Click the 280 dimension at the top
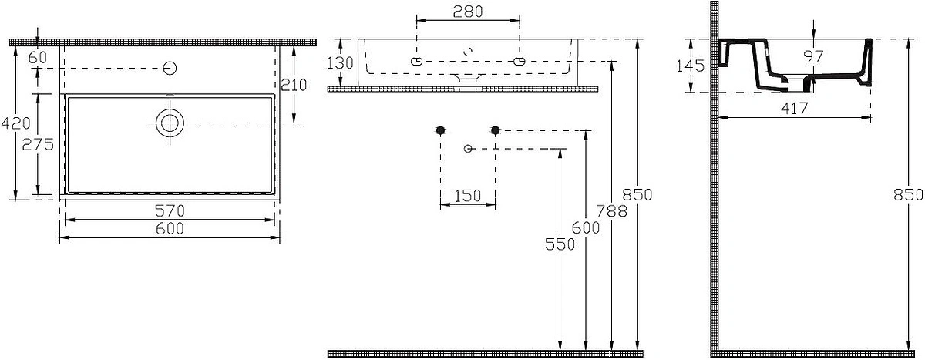(467, 12)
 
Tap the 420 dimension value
(15, 123)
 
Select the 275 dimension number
(38, 144)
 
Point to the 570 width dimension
(170, 211)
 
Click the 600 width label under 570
(170, 228)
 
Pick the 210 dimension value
(294, 85)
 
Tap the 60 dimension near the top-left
(38, 57)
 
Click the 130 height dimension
(340, 63)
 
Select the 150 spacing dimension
(467, 196)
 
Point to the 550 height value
(560, 244)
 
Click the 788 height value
(611, 211)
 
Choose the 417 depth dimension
(794, 109)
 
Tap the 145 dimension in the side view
(690, 66)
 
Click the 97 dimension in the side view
(813, 56)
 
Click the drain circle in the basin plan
(170, 123)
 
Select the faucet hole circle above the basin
(170, 68)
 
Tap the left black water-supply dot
(441, 130)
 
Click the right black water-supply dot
(496, 130)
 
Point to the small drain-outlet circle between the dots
(468, 149)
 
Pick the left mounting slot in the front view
(417, 62)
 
